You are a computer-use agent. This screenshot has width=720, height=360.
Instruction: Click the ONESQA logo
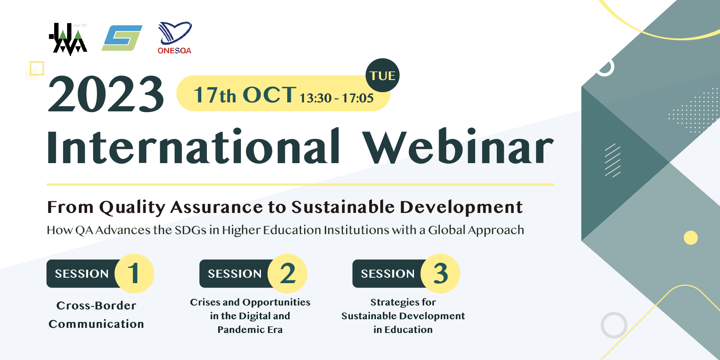pos(175,38)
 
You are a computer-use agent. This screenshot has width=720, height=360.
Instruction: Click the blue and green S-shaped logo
pos(122,38)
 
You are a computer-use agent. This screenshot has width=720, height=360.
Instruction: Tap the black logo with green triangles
pos(68,39)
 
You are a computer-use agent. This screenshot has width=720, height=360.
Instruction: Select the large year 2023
pos(106,94)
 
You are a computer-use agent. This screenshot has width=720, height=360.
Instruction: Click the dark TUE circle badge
pos(383,75)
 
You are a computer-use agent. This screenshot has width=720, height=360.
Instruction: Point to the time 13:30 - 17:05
pos(337,98)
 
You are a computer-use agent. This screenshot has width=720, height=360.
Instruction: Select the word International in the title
pos(193,146)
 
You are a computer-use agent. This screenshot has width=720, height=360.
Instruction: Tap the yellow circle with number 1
pos(134,273)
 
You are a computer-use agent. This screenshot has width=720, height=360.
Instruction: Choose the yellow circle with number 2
pos(287,273)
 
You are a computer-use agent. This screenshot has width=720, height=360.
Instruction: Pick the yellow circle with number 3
pos(440,273)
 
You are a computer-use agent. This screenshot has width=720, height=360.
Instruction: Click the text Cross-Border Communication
pos(96,315)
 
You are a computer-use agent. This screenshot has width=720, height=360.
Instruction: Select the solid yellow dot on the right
pos(691,238)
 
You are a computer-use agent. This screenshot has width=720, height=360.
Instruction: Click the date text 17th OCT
pos(245,95)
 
